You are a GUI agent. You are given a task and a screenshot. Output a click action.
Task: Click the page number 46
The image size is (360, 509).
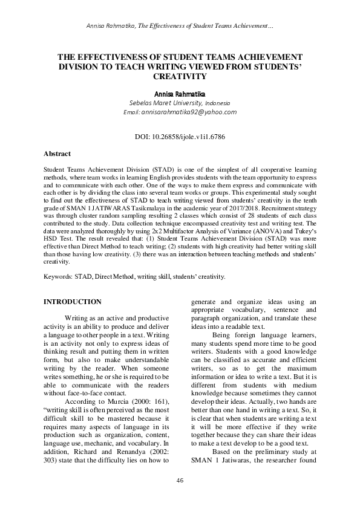pos(180,480)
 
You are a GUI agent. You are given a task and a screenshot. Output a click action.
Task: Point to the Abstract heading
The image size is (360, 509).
pos(59,154)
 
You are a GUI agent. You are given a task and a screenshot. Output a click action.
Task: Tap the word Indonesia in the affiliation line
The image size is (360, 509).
pos(240,103)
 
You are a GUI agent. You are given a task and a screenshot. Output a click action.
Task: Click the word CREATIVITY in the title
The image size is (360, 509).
pos(180,77)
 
